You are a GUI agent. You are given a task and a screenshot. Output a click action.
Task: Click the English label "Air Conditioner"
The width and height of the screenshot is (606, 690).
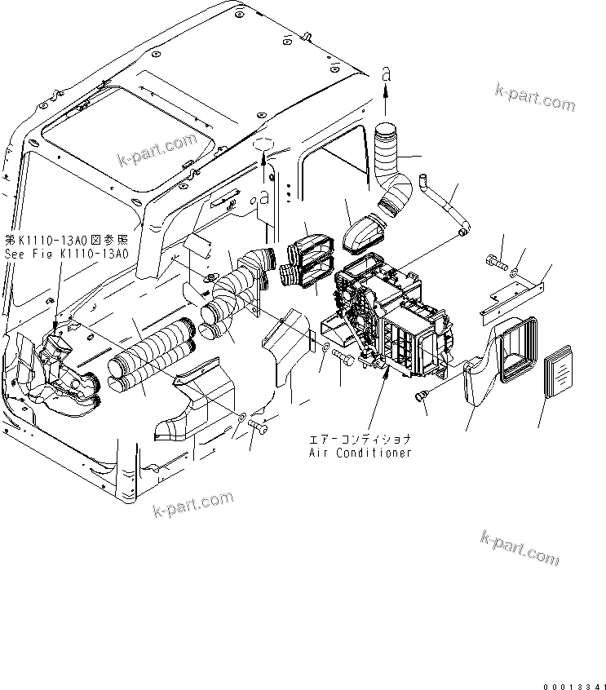[x=360, y=453]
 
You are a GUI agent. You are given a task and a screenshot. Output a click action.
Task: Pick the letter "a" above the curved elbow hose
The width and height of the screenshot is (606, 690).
[x=387, y=73]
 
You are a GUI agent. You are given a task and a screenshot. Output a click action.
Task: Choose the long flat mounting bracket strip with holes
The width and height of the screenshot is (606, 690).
[x=515, y=296]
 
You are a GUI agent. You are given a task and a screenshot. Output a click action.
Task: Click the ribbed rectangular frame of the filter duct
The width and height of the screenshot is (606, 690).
[x=519, y=351]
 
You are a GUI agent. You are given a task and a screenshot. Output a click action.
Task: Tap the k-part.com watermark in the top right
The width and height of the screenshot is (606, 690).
[x=535, y=98]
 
